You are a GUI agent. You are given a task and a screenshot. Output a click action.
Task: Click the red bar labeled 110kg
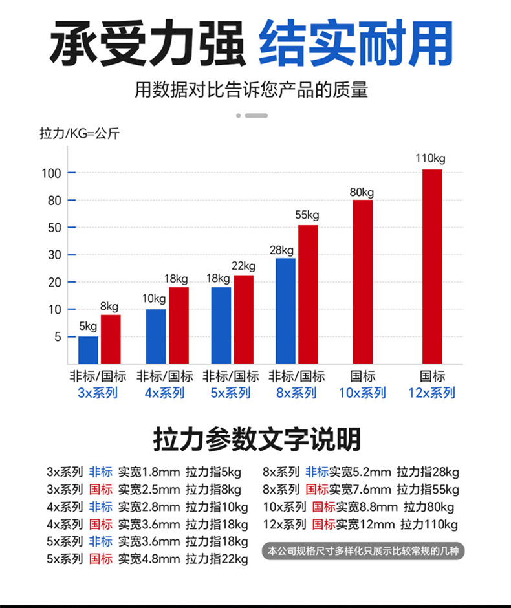[x=432, y=266]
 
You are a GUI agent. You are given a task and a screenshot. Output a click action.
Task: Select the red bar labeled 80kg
[x=362, y=281]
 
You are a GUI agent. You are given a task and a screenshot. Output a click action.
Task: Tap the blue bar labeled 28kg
[x=285, y=310]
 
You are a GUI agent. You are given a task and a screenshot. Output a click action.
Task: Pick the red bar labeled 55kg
[x=308, y=294]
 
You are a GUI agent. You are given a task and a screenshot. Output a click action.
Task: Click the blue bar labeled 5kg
[x=88, y=349]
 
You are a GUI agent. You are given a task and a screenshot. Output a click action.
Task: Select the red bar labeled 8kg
[x=111, y=338]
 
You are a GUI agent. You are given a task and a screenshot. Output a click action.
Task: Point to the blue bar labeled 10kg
[x=155, y=336]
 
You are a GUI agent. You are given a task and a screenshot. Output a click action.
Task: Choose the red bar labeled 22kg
[x=243, y=319]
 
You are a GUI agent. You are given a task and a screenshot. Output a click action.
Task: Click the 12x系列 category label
[x=432, y=393]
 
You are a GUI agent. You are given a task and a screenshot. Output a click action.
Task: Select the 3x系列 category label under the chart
[x=98, y=393]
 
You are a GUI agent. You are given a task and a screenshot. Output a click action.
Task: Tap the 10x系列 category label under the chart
[x=362, y=393]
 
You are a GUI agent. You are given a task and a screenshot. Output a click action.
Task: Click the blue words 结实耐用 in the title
[x=355, y=43]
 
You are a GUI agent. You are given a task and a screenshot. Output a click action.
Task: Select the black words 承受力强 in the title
[x=148, y=43]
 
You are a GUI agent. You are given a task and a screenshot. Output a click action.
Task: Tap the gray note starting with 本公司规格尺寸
[x=366, y=551]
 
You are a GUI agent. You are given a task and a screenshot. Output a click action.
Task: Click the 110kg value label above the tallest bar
[x=431, y=158]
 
